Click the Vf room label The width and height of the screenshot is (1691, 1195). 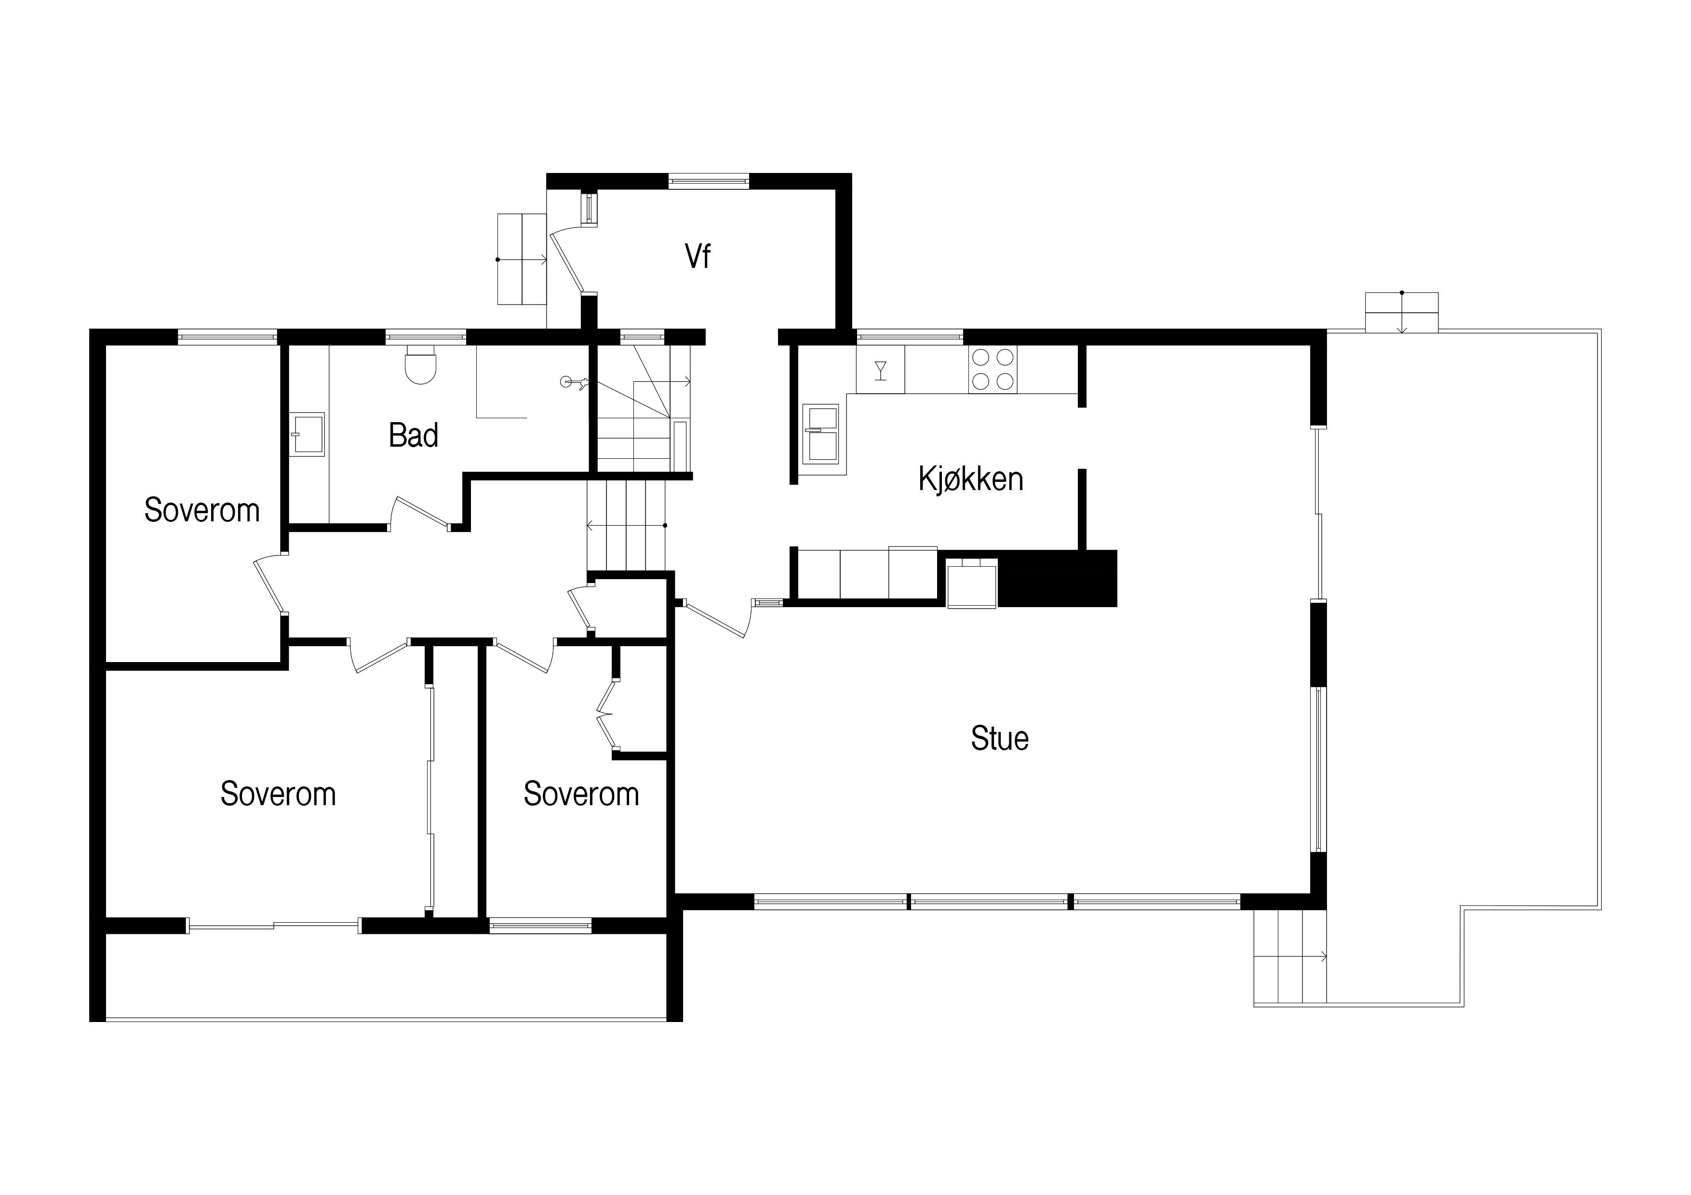(x=698, y=256)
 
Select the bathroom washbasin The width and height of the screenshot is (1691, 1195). (x=307, y=434)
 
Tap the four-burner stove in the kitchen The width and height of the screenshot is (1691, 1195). (x=993, y=369)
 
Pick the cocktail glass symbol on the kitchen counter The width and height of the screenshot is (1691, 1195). (x=880, y=370)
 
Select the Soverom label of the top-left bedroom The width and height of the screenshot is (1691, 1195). (x=202, y=510)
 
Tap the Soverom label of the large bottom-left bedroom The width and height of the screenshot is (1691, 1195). (x=278, y=794)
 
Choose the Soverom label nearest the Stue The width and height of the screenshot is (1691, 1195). (x=581, y=794)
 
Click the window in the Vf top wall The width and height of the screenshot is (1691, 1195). (x=709, y=181)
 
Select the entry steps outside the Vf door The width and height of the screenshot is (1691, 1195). (x=522, y=259)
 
